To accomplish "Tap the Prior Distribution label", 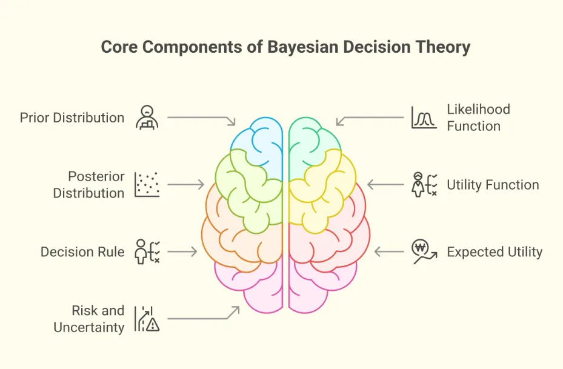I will click(x=72, y=118).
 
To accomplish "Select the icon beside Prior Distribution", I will click(x=147, y=117).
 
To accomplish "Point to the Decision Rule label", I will click(x=82, y=251).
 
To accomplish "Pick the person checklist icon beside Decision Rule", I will click(x=147, y=251).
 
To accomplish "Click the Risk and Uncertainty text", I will click(x=89, y=319).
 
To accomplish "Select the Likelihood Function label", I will click(x=478, y=118).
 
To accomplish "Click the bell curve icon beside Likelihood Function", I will click(x=424, y=118).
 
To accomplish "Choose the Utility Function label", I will click(x=493, y=185).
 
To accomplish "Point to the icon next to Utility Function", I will click(x=424, y=185).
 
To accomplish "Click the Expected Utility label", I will click(x=495, y=251).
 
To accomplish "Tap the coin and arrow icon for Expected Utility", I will click(x=424, y=251).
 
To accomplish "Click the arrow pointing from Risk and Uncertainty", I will click(x=203, y=316).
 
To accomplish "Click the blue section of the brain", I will click(x=258, y=145).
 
